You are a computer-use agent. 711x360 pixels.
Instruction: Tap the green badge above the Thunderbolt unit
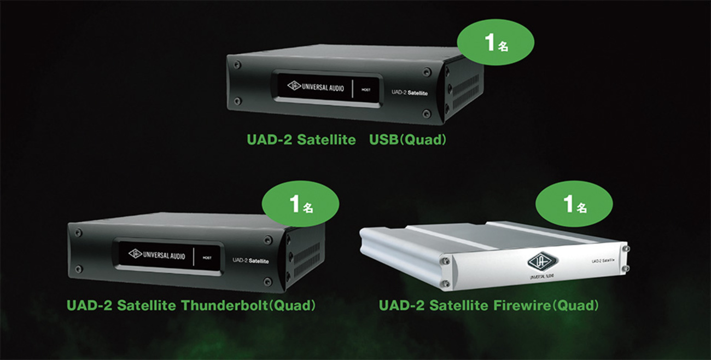[300, 204]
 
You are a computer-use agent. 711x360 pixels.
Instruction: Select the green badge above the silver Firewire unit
[574, 204]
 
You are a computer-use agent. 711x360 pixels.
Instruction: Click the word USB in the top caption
[382, 140]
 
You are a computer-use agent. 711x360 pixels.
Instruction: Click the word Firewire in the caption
[514, 305]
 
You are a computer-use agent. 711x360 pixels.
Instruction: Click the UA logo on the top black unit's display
[294, 85]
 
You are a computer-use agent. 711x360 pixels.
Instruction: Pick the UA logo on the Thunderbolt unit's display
[135, 253]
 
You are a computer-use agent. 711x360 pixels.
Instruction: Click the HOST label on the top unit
[366, 89]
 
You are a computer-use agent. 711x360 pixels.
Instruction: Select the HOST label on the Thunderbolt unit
[207, 257]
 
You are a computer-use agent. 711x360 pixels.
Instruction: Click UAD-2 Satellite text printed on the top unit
[410, 92]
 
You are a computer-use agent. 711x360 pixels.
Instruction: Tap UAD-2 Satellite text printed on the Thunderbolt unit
[250, 260]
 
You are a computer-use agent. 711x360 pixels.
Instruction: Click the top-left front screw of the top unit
[237, 65]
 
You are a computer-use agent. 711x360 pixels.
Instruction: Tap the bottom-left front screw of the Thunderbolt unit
[78, 269]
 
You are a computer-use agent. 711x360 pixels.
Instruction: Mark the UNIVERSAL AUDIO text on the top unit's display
[323, 86]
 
